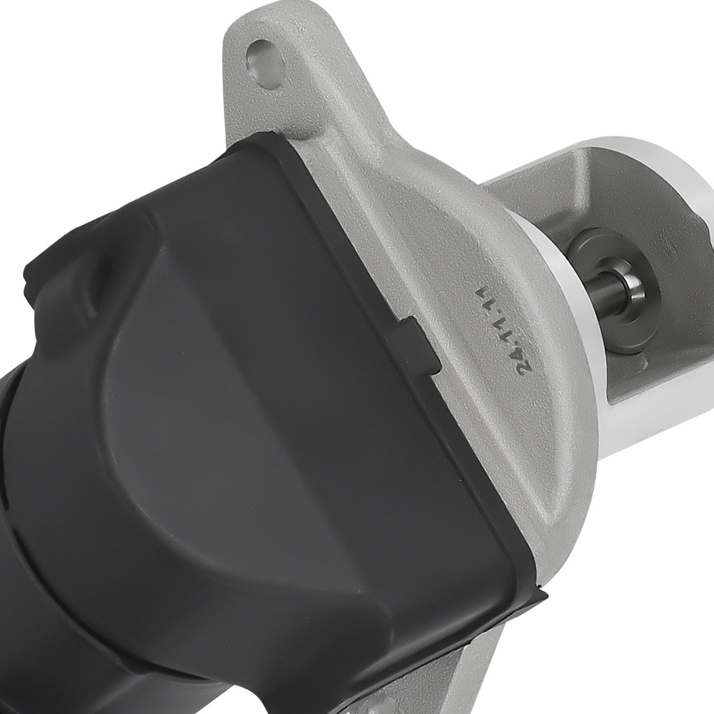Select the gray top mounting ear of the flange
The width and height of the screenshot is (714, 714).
pos(286,79)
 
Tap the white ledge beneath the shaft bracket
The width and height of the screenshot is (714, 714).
pos(643,414)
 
